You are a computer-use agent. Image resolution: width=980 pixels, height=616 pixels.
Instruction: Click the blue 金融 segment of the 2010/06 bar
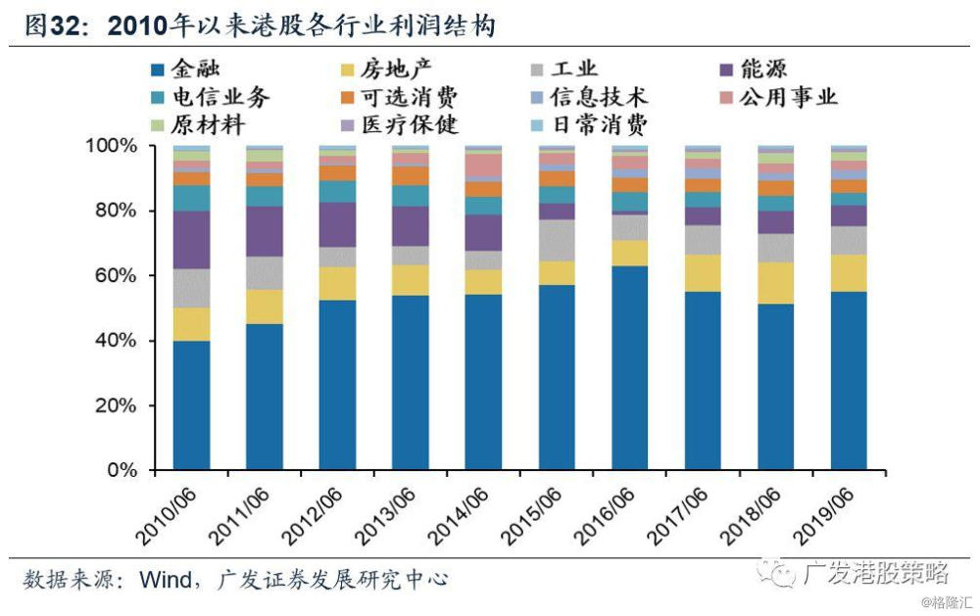coord(191,404)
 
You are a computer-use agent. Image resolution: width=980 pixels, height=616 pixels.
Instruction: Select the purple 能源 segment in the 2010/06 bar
coord(191,240)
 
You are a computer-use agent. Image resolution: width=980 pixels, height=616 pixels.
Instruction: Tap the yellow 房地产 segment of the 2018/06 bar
coord(775,283)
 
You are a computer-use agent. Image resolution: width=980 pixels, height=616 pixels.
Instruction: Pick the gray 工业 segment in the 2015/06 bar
coord(557,241)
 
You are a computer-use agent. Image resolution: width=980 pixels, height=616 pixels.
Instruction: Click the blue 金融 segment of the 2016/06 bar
coord(630,368)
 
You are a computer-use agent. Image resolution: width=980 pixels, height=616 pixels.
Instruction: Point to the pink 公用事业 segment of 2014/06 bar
coord(484,165)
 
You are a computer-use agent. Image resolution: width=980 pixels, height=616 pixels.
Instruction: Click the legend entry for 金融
coord(186,69)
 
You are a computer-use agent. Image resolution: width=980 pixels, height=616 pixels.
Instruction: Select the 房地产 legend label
coord(385,69)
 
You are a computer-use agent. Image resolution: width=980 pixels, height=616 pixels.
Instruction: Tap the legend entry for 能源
coord(753,69)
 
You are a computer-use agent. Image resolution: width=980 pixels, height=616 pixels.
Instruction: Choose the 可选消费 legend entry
coord(400,97)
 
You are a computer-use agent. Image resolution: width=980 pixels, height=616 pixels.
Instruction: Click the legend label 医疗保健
coord(400,125)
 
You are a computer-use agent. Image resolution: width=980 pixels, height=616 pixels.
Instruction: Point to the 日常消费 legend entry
coord(589,125)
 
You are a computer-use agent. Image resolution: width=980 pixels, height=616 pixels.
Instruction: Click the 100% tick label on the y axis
coord(111,146)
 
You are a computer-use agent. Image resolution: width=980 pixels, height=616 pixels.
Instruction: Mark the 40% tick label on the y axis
coord(116,341)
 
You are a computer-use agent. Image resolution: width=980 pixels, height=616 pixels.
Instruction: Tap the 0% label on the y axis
coord(122,470)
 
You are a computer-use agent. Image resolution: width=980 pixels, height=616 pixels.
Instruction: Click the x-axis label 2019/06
coord(823,515)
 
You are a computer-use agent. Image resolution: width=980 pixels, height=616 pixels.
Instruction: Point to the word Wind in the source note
coord(166,579)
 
